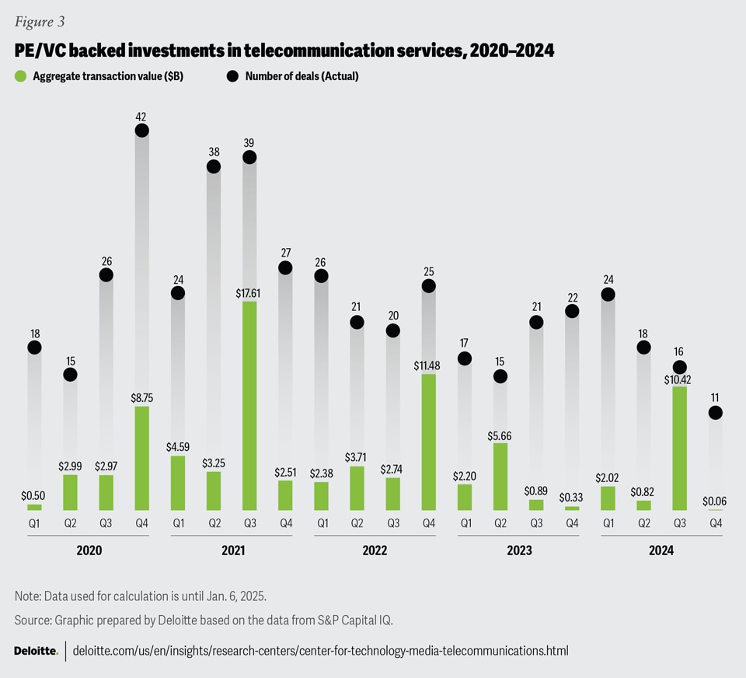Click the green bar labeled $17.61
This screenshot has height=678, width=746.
[x=249, y=405]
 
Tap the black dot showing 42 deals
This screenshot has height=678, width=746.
[x=141, y=131]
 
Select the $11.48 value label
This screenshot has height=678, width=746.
[x=428, y=365]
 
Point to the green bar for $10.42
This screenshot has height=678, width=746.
[x=679, y=448]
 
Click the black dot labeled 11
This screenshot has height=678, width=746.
[x=715, y=412]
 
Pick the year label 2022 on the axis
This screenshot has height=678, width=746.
[x=375, y=550]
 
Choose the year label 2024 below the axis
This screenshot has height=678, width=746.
[x=661, y=550]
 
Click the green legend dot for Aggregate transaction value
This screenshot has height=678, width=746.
[x=21, y=76]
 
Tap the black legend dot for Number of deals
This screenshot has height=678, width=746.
[x=233, y=76]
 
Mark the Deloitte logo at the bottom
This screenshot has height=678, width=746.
[x=36, y=651]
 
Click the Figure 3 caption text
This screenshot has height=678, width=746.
[x=39, y=22]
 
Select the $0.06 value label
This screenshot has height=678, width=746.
[x=715, y=502]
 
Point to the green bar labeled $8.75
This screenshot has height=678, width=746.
[x=141, y=458]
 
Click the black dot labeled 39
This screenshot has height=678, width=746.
[x=249, y=157]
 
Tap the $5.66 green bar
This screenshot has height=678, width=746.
[x=500, y=477]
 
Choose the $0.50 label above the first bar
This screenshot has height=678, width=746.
[x=33, y=495]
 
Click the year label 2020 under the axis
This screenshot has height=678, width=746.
[x=89, y=550]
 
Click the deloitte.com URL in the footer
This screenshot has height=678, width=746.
[x=320, y=651]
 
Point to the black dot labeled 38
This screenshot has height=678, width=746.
[x=213, y=166]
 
